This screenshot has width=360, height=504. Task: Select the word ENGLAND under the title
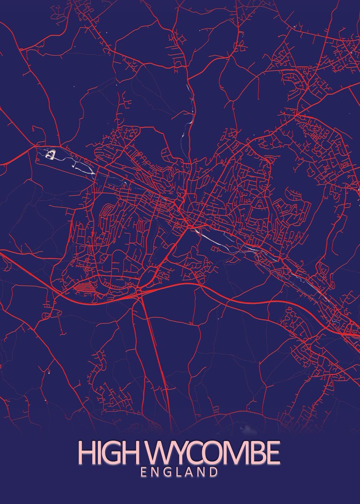click(x=179, y=472)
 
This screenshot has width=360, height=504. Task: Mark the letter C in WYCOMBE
click(x=196, y=452)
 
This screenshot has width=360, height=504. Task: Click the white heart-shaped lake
click(x=50, y=155)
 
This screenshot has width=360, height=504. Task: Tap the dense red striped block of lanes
click(x=84, y=288)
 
